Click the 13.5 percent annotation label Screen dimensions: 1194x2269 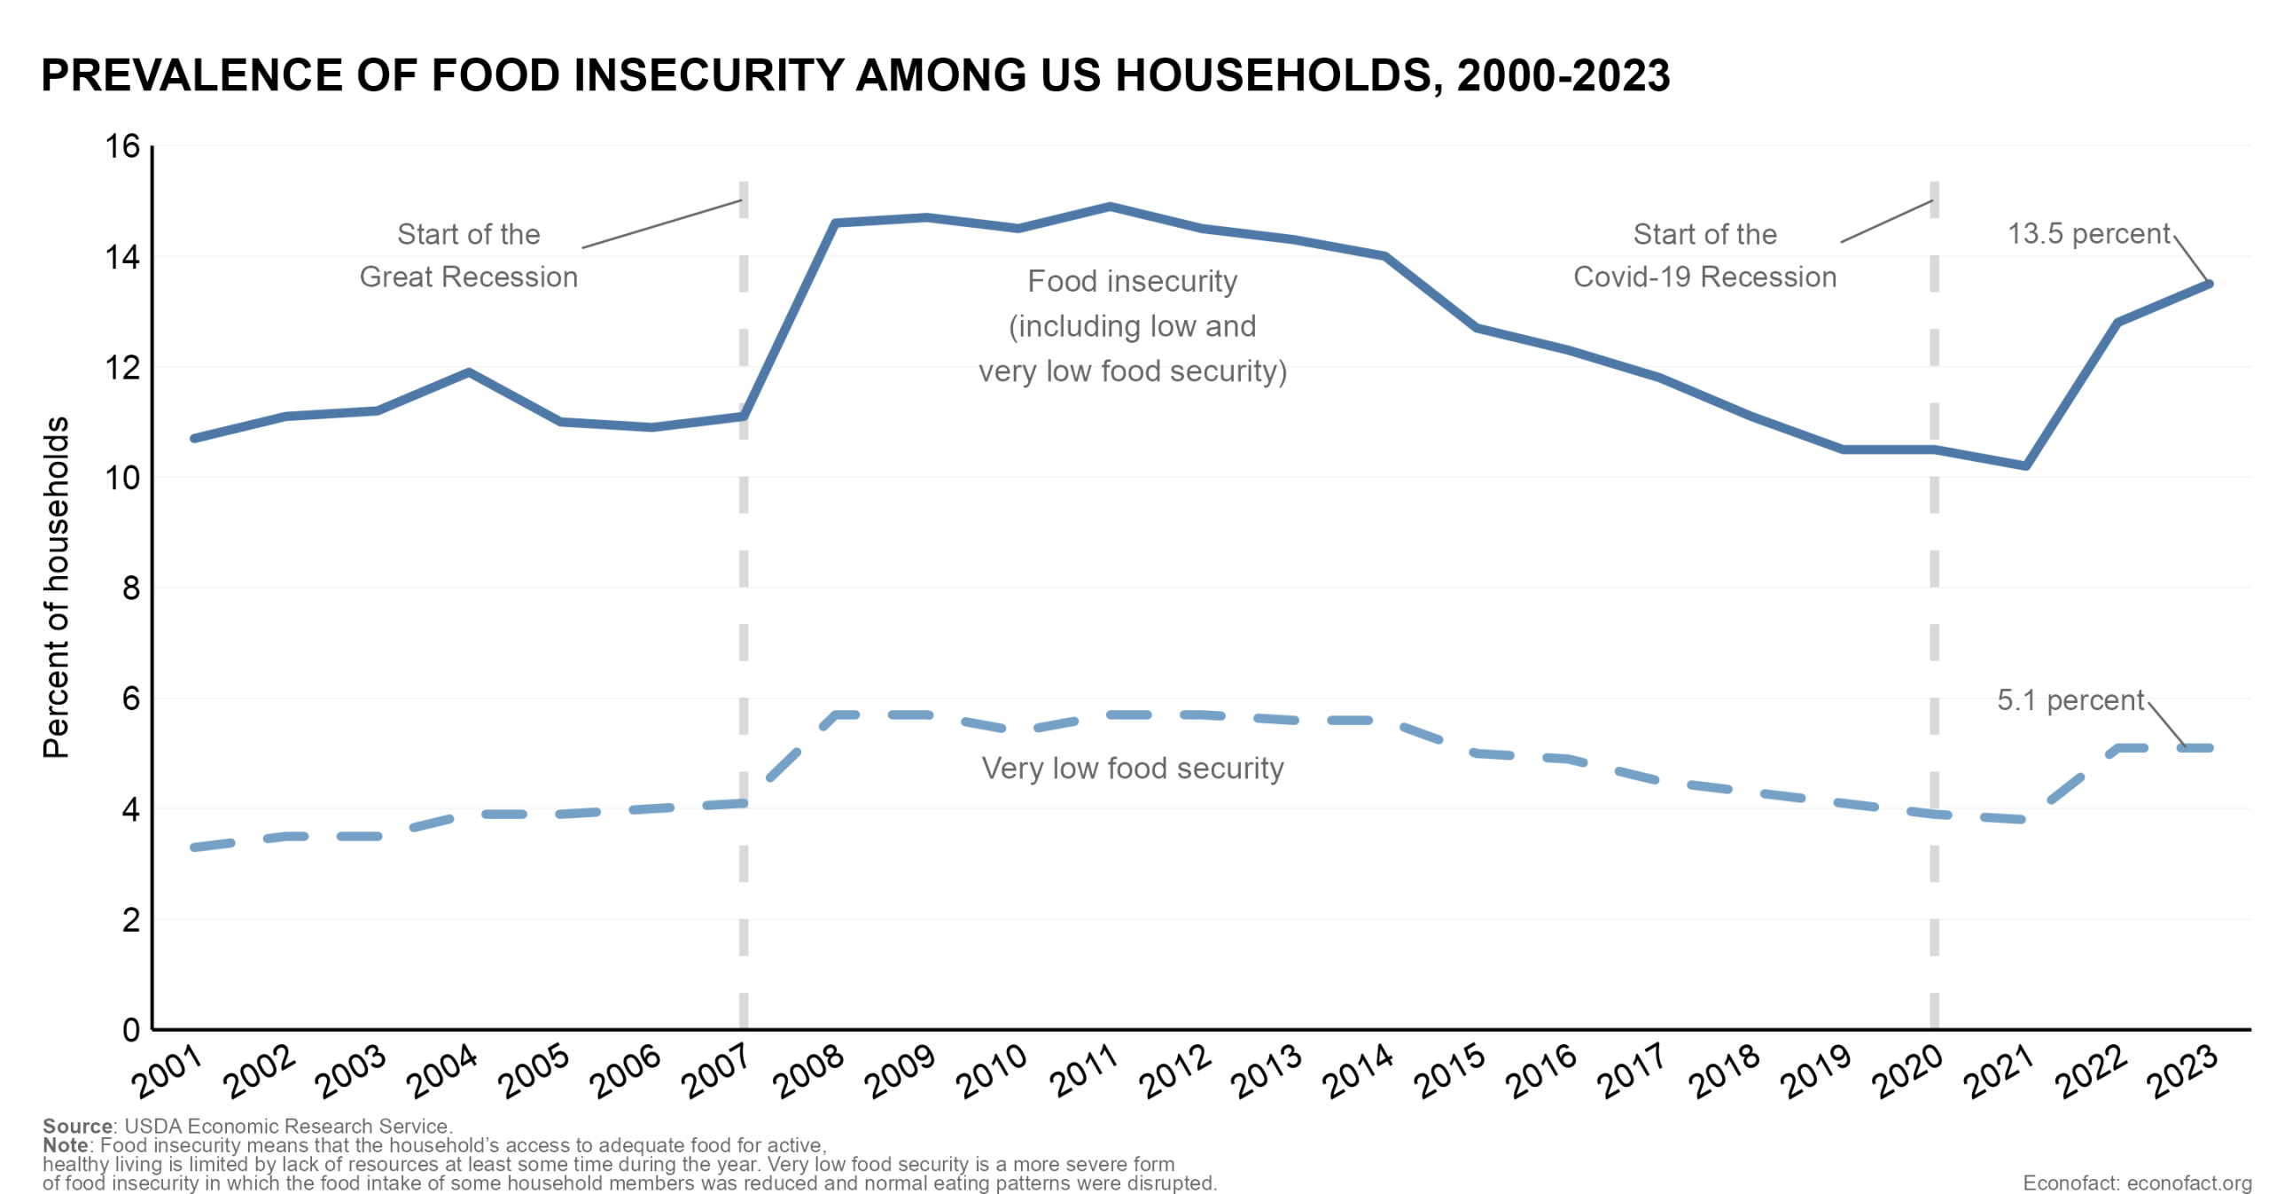(2087, 233)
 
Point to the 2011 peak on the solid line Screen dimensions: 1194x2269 (1110, 207)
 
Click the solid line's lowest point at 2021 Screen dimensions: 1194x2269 (2025, 465)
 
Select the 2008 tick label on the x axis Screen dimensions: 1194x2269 (808, 1071)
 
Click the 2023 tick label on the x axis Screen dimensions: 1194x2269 (2184, 1071)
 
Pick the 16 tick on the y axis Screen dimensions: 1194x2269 (122, 146)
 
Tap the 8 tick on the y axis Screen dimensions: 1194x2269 (131, 588)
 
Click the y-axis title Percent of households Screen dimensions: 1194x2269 (56, 587)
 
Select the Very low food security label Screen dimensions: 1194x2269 (1132, 768)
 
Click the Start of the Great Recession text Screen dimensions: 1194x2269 (468, 255)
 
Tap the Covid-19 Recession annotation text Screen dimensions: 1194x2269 (1704, 277)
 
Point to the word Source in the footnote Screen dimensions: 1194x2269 (77, 1126)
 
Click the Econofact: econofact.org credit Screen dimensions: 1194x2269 (2136, 1182)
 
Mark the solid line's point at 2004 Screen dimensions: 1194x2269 (469, 372)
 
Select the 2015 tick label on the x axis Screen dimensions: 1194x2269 (1450, 1071)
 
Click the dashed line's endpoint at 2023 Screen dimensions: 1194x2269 (2209, 748)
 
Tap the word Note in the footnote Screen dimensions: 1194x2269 (65, 1144)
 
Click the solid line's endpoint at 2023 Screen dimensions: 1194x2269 (2209, 284)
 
